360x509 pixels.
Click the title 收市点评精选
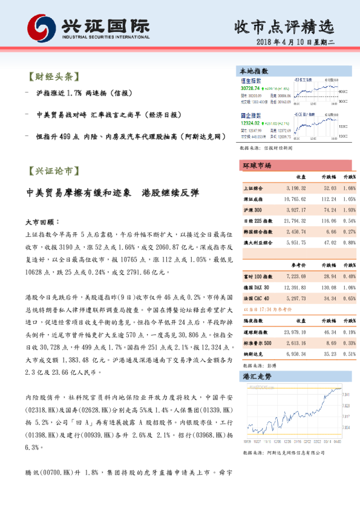284,27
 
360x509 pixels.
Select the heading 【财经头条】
54,77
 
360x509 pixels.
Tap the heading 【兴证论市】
54,170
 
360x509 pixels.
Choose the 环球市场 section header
257,166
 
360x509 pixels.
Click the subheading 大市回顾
41,221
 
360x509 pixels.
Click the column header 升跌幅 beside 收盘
327,177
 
